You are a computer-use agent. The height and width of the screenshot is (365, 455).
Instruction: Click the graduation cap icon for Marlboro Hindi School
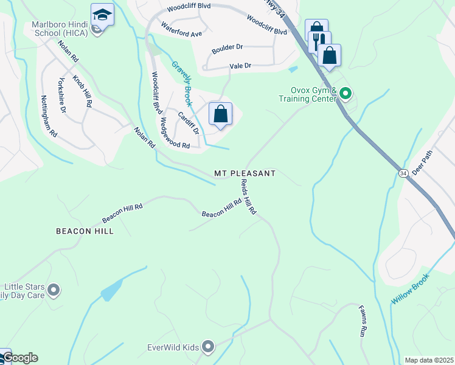click(102, 14)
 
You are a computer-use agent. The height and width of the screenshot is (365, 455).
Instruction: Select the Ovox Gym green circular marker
click(346, 94)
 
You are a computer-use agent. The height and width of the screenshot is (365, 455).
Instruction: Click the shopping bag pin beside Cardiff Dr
click(220, 113)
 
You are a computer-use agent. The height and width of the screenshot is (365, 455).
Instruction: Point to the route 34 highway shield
click(403, 173)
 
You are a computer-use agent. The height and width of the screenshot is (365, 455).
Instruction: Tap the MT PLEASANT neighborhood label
click(245, 173)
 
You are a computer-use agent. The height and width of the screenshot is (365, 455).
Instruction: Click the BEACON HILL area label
click(85, 231)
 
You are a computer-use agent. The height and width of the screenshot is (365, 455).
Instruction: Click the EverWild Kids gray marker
click(208, 347)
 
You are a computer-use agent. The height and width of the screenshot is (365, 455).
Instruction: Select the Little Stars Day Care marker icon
click(53, 290)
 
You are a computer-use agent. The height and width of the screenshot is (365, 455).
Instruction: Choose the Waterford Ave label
click(181, 30)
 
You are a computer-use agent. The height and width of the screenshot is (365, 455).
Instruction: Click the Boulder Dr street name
click(227, 47)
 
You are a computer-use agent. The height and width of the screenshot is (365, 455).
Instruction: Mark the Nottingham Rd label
click(49, 115)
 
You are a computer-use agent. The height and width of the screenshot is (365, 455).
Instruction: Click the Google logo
click(19, 358)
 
